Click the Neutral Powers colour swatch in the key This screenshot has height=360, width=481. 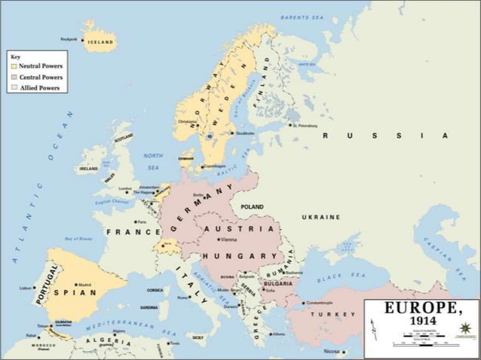[x=13, y=66]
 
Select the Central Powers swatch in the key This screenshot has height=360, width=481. [x=13, y=77]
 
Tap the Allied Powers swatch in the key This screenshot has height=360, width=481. [x=13, y=87]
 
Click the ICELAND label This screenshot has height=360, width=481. [x=100, y=42]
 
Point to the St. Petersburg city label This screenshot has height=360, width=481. [x=307, y=125]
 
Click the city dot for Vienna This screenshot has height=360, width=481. [x=217, y=239]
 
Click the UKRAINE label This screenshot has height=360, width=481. [x=321, y=217]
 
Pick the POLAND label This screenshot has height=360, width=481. [x=252, y=206]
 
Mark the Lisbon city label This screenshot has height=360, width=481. [x=26, y=288]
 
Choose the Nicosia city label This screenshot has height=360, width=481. [x=331, y=352]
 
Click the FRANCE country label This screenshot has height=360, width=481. [x=133, y=232]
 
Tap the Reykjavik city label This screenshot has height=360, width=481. [x=69, y=39]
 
